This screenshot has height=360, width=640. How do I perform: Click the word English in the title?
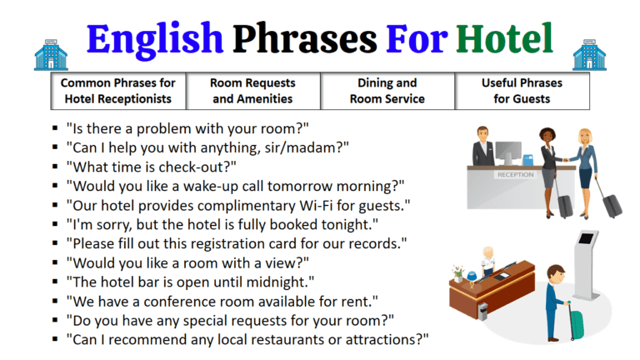(x=155, y=37)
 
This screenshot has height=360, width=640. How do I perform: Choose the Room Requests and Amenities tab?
(x=252, y=91)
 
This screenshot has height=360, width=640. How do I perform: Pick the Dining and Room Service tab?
(x=387, y=91)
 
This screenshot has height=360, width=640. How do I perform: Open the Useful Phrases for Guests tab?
(x=522, y=91)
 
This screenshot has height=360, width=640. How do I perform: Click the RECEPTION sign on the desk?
(x=514, y=175)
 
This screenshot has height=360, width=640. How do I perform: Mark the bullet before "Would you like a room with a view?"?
(x=54, y=262)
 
